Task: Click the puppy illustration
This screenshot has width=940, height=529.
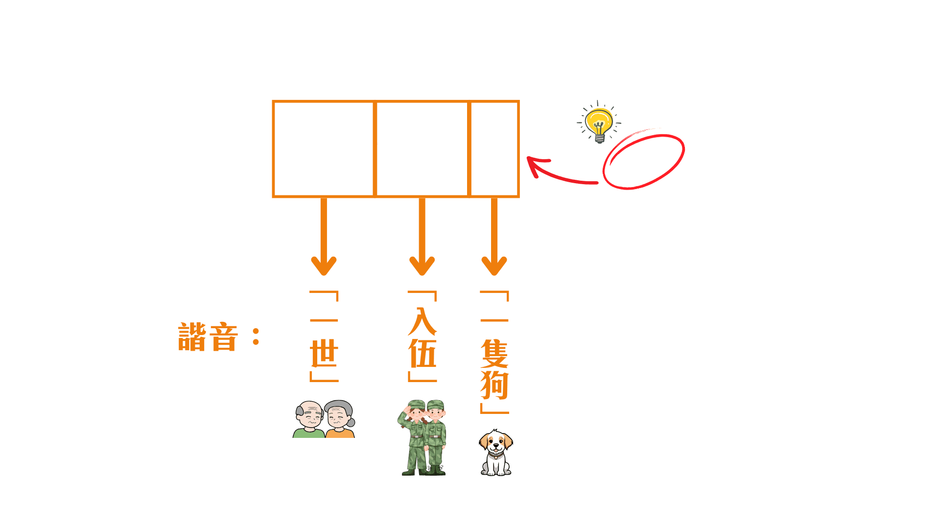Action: [x=495, y=453]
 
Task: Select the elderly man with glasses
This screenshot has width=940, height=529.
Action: [x=309, y=420]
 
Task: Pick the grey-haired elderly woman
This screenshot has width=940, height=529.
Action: [x=340, y=420]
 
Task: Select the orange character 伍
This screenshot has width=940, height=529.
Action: [x=422, y=354]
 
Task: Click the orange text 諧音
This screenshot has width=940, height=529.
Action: [x=208, y=337]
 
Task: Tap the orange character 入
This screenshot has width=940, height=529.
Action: [x=422, y=321]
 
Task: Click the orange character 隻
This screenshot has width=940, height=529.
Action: [x=494, y=354]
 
